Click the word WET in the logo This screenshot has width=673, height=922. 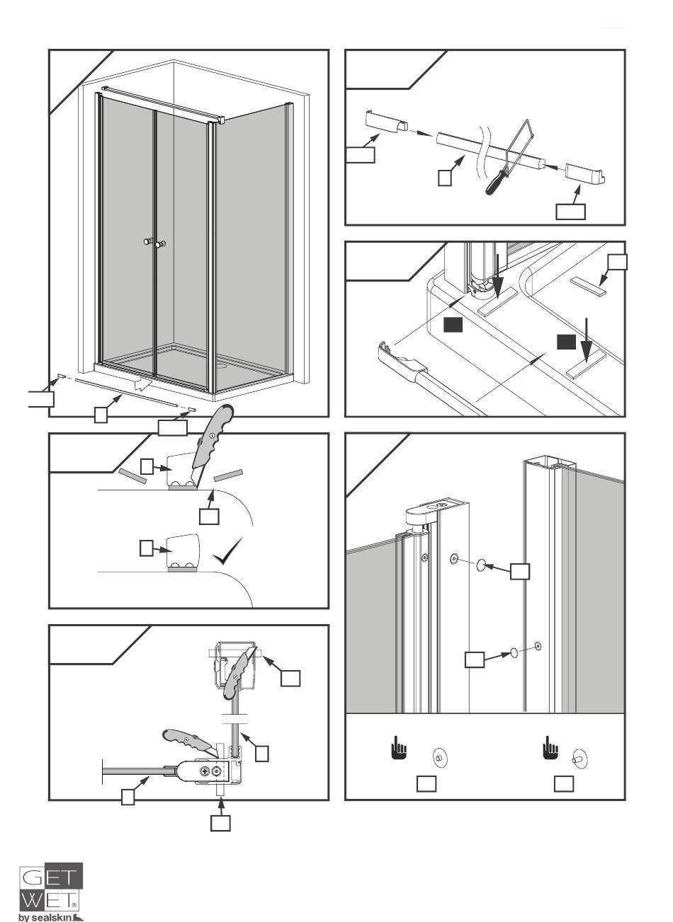(50, 901)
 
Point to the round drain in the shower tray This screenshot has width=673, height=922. (222, 367)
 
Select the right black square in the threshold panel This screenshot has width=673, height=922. (565, 342)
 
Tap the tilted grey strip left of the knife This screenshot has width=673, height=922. (132, 474)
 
